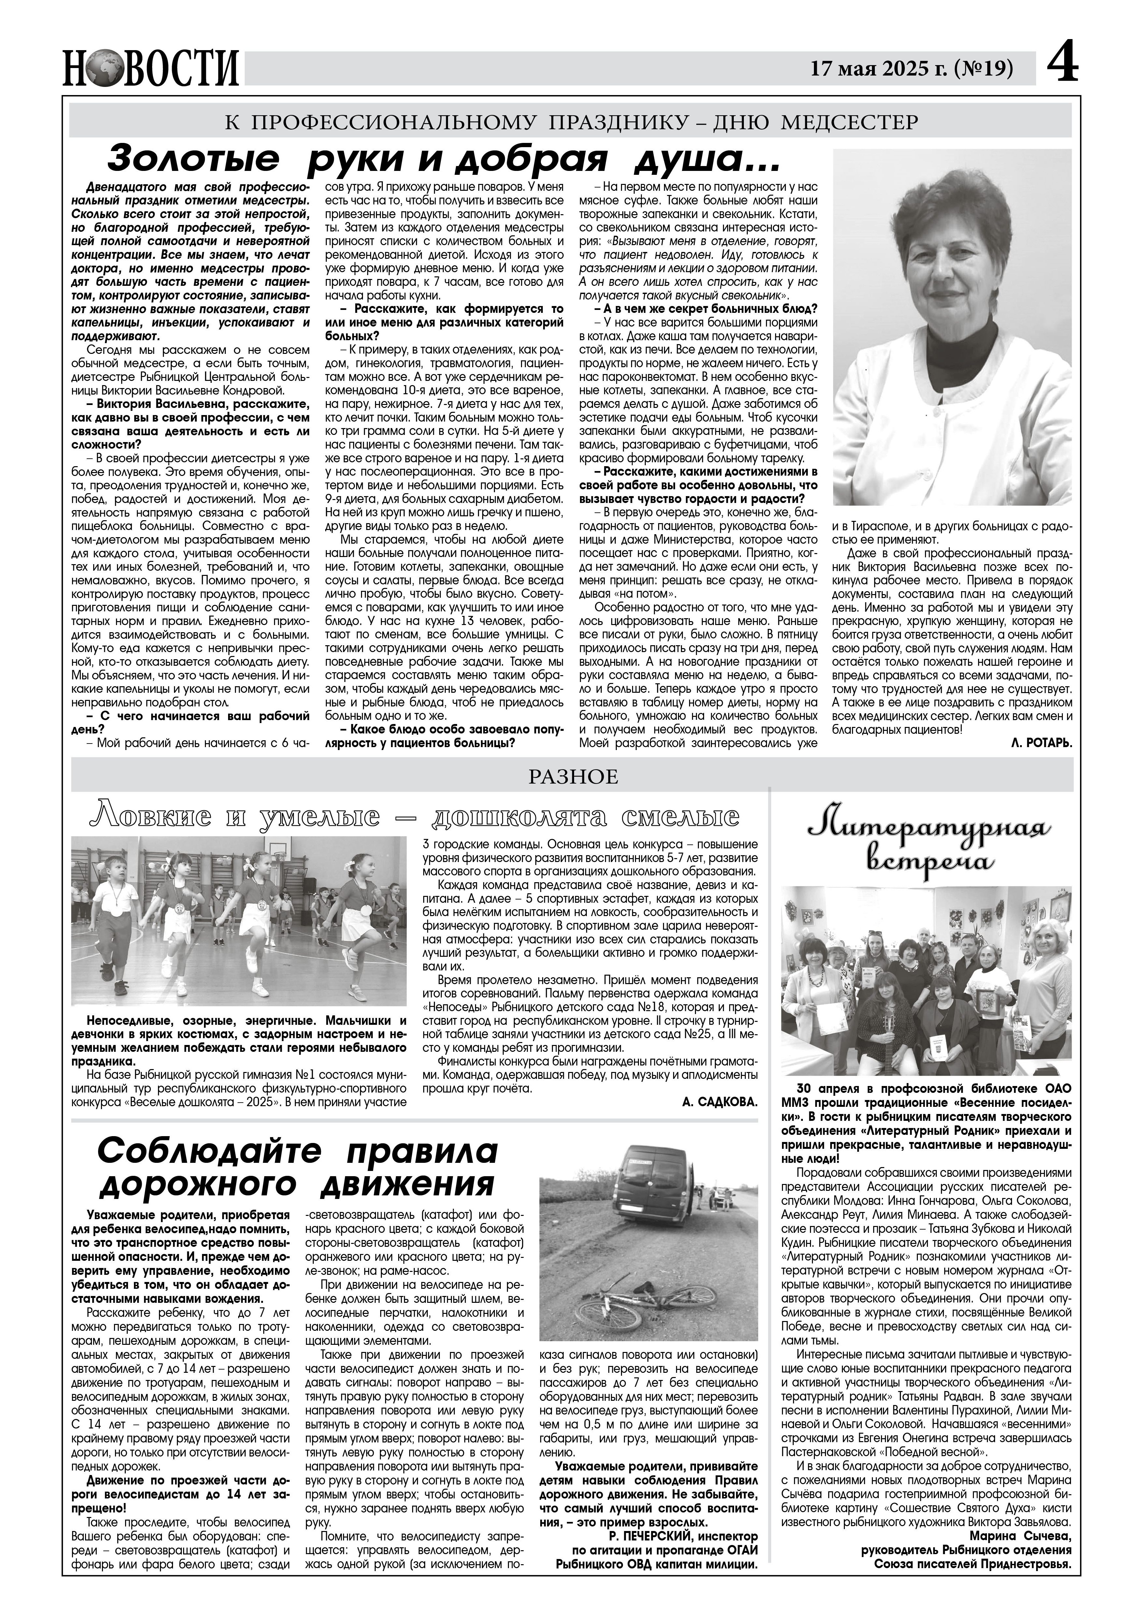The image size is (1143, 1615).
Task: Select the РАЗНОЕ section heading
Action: [571, 776]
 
